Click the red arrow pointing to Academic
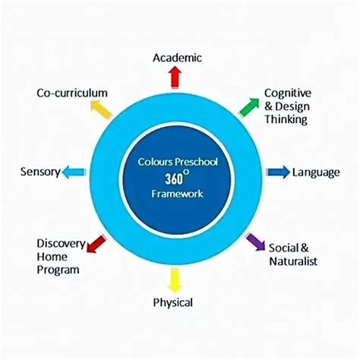(175, 77)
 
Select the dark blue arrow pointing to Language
(278, 172)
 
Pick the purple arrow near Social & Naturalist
(256, 242)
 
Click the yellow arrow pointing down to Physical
(175, 279)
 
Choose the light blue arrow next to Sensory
(74, 172)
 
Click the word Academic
(176, 58)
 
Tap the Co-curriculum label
(72, 93)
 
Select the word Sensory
(40, 172)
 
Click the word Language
(316, 172)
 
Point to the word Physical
(173, 302)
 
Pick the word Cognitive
(288, 93)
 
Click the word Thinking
(286, 118)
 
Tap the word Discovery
(60, 243)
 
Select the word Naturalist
(293, 261)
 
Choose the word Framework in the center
(178, 194)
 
